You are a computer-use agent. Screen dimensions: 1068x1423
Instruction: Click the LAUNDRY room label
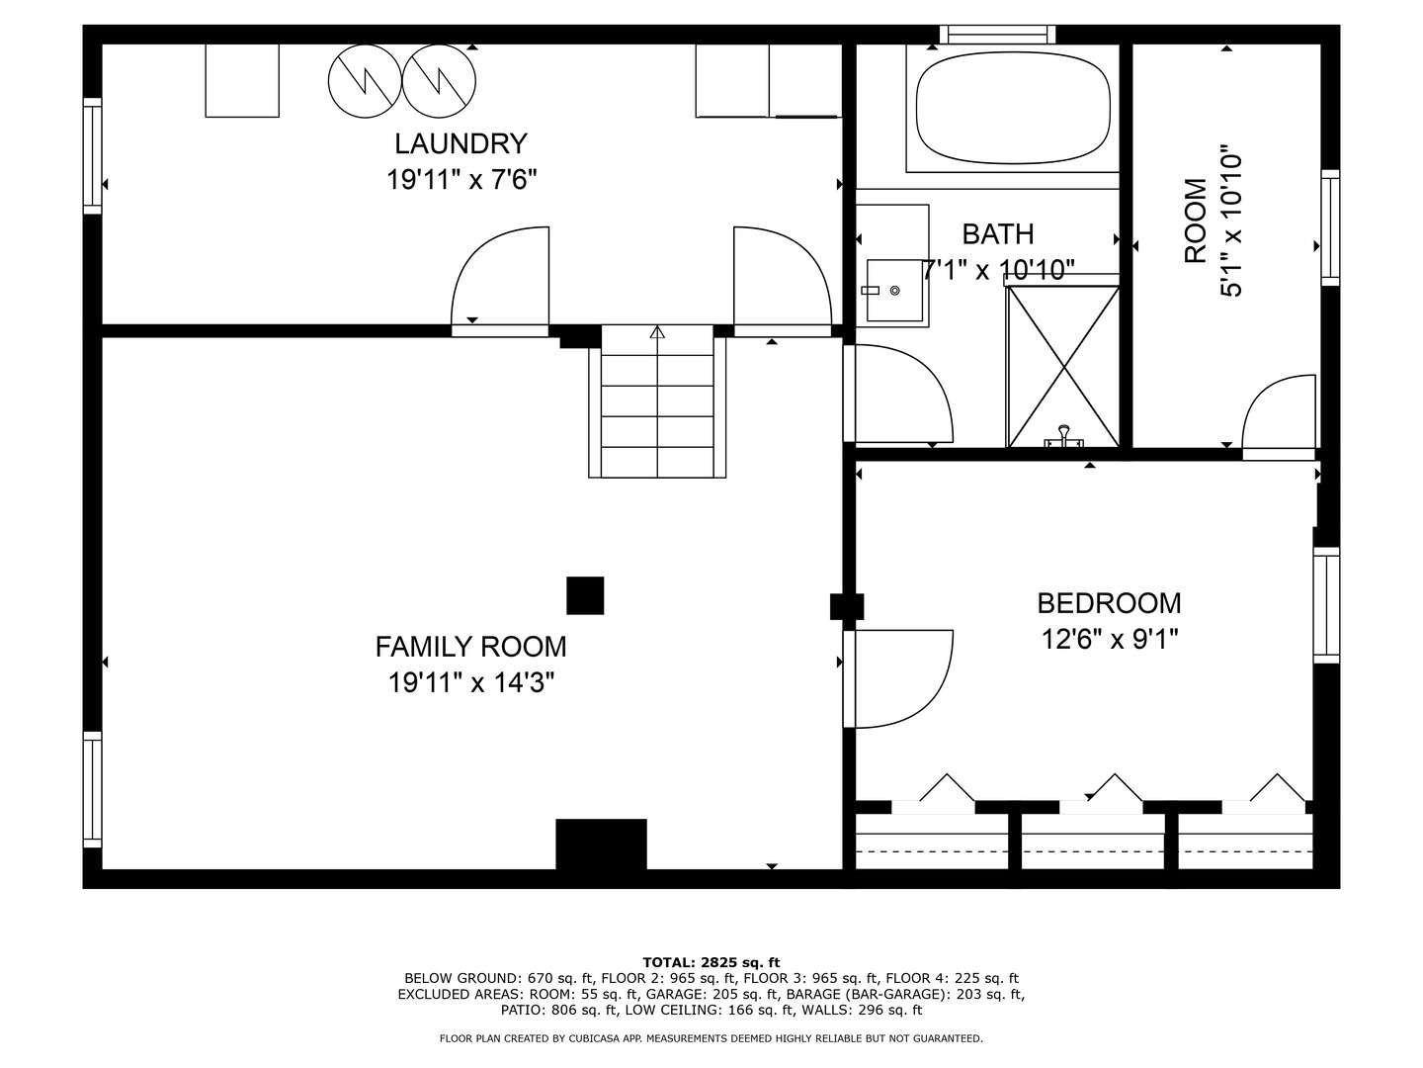point(460,143)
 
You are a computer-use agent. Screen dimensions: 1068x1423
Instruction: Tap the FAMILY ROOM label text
point(470,647)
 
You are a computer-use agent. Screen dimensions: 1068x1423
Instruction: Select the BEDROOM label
point(1109,603)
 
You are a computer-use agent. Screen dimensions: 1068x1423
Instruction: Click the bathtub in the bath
point(1013,109)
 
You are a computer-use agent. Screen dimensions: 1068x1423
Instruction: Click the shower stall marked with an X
point(1063,366)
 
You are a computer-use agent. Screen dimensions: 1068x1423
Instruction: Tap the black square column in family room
point(585,595)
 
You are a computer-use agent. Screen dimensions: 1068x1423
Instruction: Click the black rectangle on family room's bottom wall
point(601,844)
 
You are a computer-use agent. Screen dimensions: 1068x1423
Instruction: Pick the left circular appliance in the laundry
point(365,80)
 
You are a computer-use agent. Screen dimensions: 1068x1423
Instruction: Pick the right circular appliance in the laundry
point(439,80)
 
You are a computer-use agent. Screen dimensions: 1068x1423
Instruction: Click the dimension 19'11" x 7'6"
point(461,180)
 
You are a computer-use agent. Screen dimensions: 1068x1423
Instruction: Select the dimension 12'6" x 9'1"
point(1109,640)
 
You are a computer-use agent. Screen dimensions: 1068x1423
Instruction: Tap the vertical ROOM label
point(1196,221)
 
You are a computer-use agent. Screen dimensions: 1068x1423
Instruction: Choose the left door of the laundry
point(500,279)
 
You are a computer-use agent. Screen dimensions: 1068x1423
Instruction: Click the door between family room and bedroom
point(897,678)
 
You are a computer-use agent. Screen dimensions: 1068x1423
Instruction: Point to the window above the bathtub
point(997,35)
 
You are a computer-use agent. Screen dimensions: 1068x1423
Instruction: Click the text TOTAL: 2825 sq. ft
point(711,962)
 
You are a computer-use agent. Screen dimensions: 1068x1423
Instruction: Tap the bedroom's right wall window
point(1326,604)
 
